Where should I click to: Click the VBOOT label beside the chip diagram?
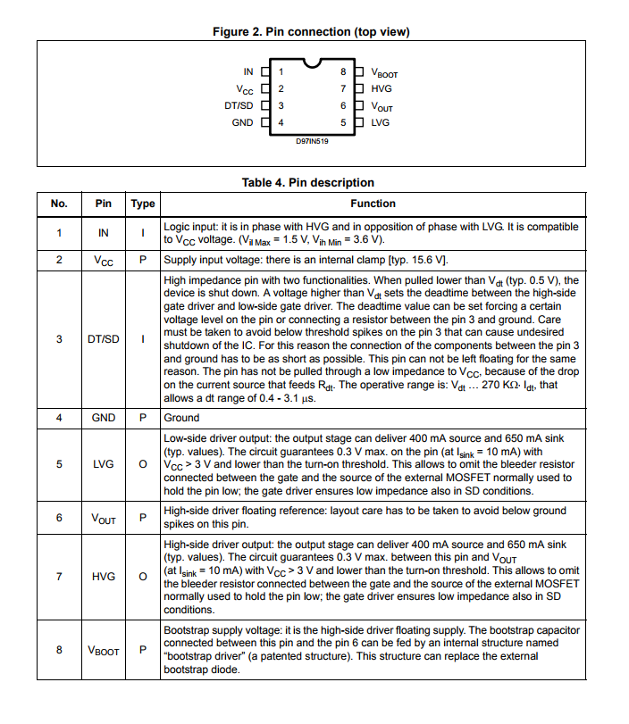tap(384, 73)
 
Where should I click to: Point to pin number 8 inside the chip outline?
tap(343, 71)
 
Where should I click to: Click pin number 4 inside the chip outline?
tap(281, 122)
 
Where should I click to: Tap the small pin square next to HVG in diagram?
tap(359, 88)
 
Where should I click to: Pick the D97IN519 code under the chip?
tap(312, 140)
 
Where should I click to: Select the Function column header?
tap(373, 204)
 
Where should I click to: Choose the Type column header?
tap(143, 204)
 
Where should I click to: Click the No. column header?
tap(59, 204)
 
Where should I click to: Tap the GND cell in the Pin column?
tap(104, 418)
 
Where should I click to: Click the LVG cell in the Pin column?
tap(104, 464)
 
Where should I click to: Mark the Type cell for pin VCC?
tap(143, 261)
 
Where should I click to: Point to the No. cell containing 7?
tap(59, 576)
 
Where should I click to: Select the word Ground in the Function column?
tap(181, 418)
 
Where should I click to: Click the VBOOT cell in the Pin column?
tap(104, 651)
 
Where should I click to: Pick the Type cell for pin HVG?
tap(143, 576)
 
